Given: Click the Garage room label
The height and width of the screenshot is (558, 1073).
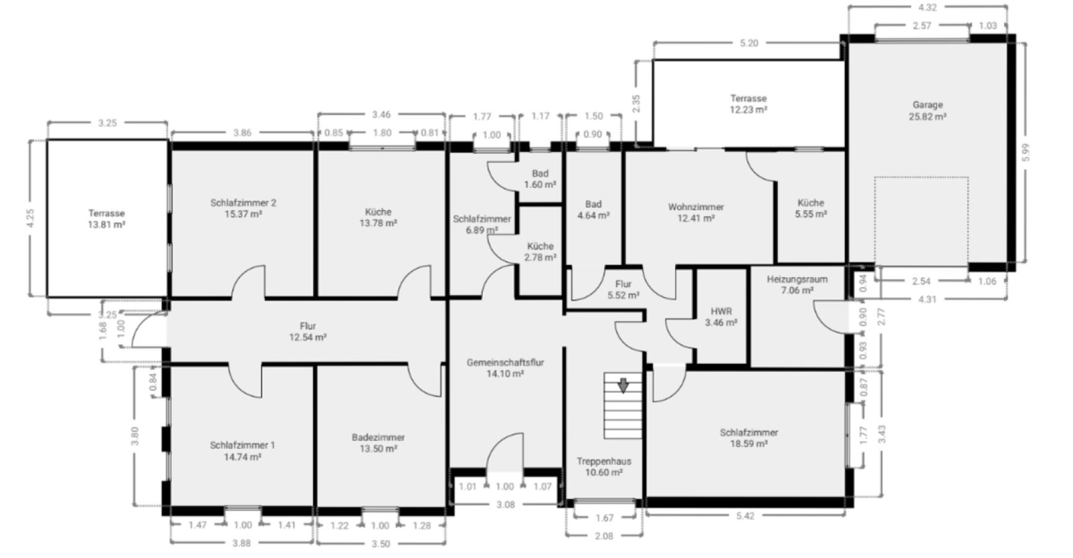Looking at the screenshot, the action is [927, 105].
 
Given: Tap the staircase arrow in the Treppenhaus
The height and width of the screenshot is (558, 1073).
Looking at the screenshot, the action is [623, 385].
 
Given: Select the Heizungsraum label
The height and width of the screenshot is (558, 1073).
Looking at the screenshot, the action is [797, 279].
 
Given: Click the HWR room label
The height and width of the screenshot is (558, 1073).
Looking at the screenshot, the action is [721, 311].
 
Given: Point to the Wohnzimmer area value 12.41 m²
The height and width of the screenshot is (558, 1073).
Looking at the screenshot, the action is [695, 218].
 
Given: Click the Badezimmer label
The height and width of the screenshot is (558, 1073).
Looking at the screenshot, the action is [378, 438].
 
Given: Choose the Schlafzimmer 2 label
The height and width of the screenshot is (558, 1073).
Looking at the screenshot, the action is [243, 203].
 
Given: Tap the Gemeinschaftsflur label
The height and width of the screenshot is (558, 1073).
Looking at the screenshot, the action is [505, 363].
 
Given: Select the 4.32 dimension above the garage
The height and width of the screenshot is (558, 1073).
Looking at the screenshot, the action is [927, 7].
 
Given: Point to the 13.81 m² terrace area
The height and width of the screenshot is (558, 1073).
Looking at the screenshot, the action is [107, 224].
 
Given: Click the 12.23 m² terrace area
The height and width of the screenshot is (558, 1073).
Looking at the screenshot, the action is [748, 110].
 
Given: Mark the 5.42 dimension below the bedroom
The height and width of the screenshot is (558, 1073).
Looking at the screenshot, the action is [745, 516].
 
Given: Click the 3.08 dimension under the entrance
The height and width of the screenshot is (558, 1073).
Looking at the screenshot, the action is [506, 505].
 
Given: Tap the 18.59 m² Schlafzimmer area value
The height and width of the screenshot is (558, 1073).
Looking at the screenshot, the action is [749, 444].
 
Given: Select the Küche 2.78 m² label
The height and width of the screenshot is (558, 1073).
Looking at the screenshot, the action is [540, 252].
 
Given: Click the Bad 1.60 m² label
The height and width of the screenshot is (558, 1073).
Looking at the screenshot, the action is [540, 179].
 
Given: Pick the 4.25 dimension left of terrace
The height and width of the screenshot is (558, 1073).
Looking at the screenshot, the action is [31, 218].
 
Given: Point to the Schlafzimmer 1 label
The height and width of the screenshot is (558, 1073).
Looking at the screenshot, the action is [242, 445].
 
